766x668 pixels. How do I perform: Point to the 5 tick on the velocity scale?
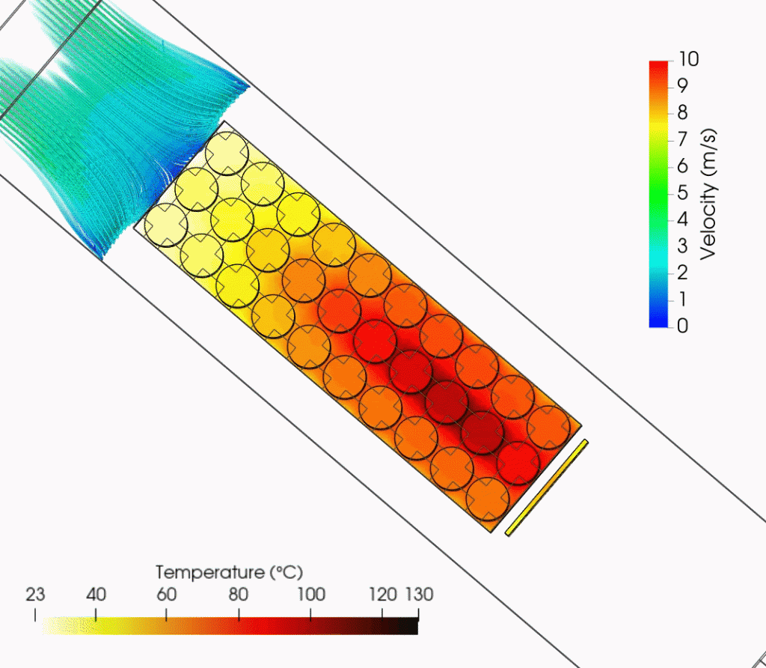tap(682, 193)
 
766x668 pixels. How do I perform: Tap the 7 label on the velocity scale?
tap(682, 140)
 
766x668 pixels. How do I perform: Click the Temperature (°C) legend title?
tap(229, 573)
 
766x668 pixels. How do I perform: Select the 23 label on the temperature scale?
tap(35, 595)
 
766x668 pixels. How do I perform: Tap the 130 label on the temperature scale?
tap(419, 595)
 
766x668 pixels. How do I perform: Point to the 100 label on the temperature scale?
tap(311, 595)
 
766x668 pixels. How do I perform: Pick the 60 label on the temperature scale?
tap(166, 595)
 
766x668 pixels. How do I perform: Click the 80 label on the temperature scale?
tap(239, 595)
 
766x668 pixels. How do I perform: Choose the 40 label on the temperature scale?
tap(96, 595)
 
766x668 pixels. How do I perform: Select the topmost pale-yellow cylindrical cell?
tap(227, 154)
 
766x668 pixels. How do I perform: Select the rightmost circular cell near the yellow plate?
tap(548, 427)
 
